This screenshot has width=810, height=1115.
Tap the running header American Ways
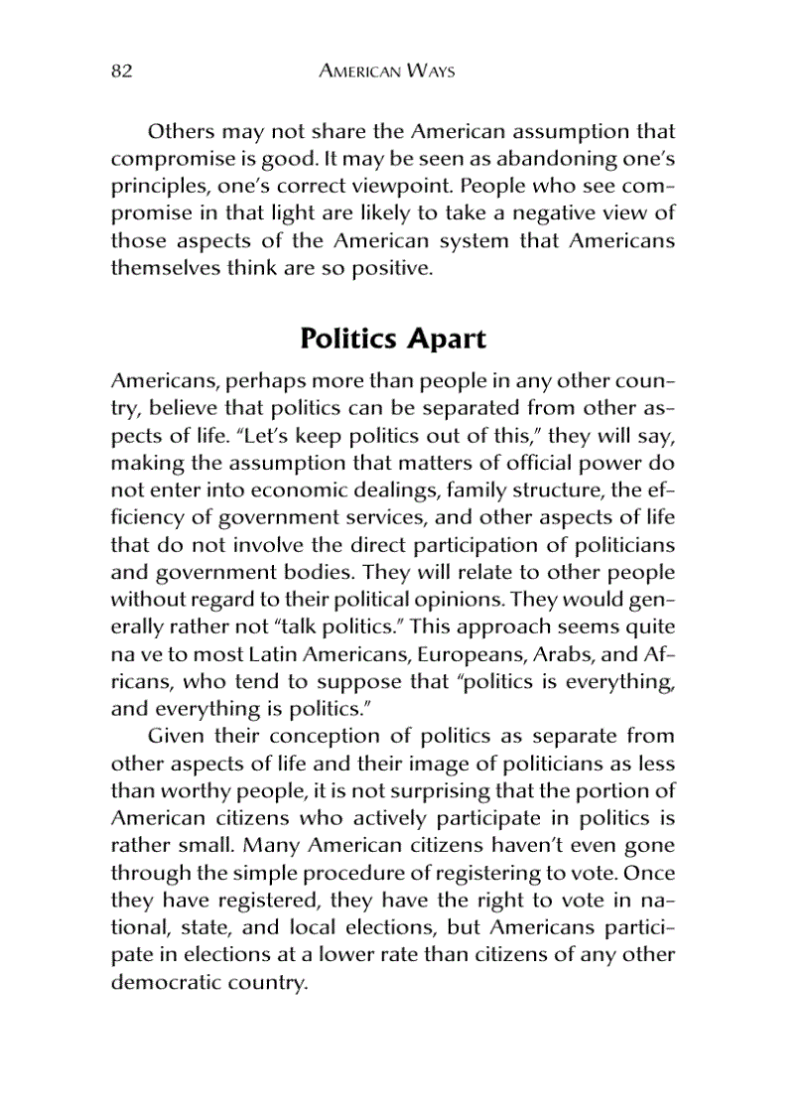387,71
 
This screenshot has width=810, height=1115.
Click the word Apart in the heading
446,339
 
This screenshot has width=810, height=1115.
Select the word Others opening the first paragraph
180,131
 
